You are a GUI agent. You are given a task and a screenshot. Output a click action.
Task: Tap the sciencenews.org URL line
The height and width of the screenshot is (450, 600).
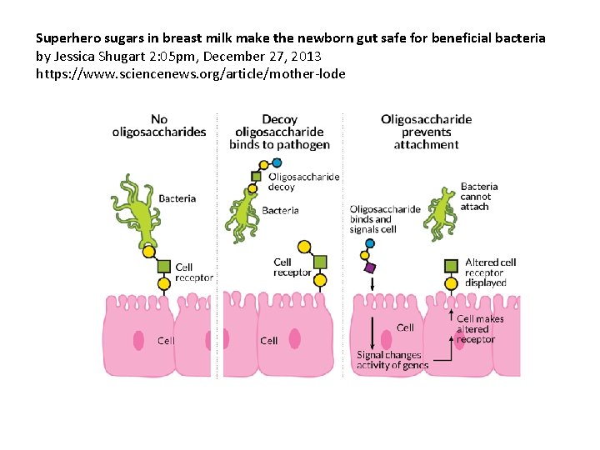190,73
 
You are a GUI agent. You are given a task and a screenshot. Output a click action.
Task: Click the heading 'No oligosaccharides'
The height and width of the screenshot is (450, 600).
159,126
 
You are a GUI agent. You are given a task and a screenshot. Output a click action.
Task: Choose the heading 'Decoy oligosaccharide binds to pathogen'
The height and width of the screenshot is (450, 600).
280,132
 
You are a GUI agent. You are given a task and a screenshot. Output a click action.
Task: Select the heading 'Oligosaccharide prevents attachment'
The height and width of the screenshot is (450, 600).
426,132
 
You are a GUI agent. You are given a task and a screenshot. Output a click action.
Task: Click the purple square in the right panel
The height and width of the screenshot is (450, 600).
370,267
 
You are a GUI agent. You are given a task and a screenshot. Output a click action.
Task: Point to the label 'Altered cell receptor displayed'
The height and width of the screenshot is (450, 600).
490,272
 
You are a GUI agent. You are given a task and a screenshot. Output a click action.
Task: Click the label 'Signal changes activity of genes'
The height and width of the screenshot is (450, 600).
392,360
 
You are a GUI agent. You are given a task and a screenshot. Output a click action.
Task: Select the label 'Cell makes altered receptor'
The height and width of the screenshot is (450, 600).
480,328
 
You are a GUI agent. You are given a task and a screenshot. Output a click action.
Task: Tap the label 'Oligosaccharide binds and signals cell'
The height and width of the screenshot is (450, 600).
384,219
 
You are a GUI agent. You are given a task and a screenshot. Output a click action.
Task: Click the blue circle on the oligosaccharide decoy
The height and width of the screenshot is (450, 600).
265,161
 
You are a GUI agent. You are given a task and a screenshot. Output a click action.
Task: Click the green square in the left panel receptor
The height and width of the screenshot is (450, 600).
164,267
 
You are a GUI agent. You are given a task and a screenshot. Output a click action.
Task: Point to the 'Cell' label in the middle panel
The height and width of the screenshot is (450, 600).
268,340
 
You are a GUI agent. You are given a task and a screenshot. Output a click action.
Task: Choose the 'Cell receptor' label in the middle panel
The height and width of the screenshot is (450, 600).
292,267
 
